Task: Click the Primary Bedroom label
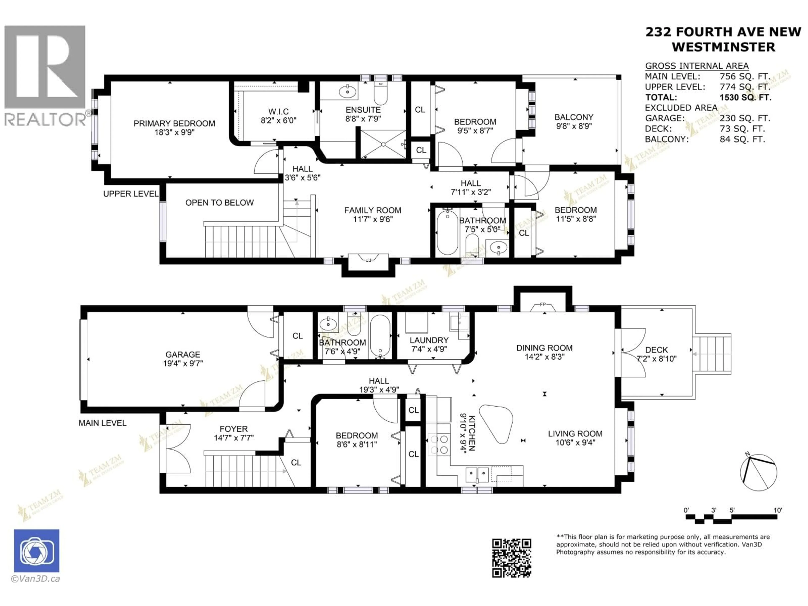pos(174,124)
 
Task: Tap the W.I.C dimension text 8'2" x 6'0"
pos(278,121)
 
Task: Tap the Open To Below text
pos(219,203)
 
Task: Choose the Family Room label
pos(373,210)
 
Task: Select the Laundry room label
pos(429,340)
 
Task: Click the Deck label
pos(656,350)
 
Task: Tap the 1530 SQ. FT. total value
pos(745,98)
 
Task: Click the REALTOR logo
pos(45,75)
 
